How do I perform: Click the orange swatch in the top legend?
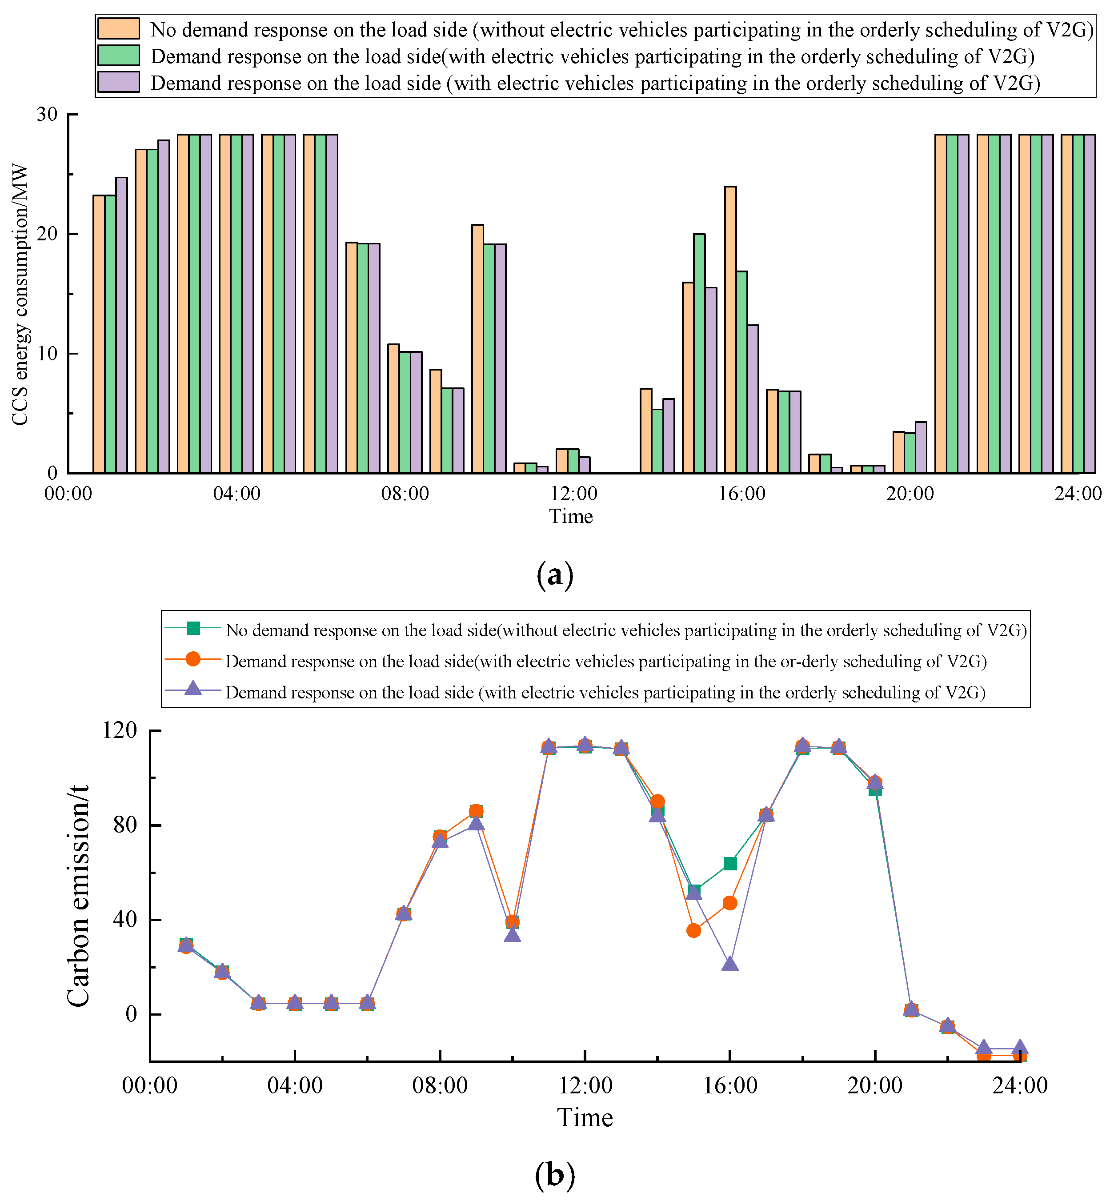pyautogui.click(x=118, y=29)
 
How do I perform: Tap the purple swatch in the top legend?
pyautogui.click(x=118, y=82)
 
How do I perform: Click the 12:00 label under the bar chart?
pyautogui.click(x=573, y=494)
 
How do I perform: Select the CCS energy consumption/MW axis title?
pyautogui.click(x=20, y=294)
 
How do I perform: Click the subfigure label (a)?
pyautogui.click(x=555, y=574)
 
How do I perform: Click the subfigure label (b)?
pyautogui.click(x=555, y=1176)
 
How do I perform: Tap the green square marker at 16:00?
pyautogui.click(x=730, y=864)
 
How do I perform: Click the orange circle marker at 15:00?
pyautogui.click(x=694, y=930)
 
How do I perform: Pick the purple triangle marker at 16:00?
pyautogui.click(x=730, y=964)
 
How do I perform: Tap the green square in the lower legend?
pyautogui.click(x=193, y=628)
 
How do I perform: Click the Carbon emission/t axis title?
pyautogui.click(x=78, y=896)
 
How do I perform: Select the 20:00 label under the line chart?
pyautogui.click(x=875, y=1086)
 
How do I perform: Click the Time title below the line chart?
pyautogui.click(x=585, y=1118)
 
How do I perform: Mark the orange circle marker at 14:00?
pyautogui.click(x=657, y=802)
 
